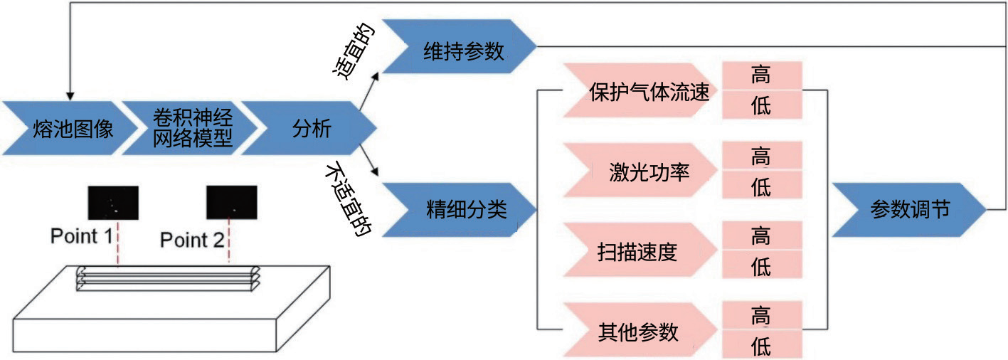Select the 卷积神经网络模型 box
click(x=186, y=128)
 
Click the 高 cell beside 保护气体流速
click(x=761, y=75)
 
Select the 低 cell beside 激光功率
click(x=761, y=186)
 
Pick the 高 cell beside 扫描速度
click(x=761, y=235)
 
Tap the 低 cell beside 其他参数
click(x=761, y=346)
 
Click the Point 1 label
click(x=81, y=236)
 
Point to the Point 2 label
click(x=192, y=240)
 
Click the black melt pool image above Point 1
click(x=113, y=202)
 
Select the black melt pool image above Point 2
click(x=231, y=202)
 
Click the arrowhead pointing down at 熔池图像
click(x=69, y=94)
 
